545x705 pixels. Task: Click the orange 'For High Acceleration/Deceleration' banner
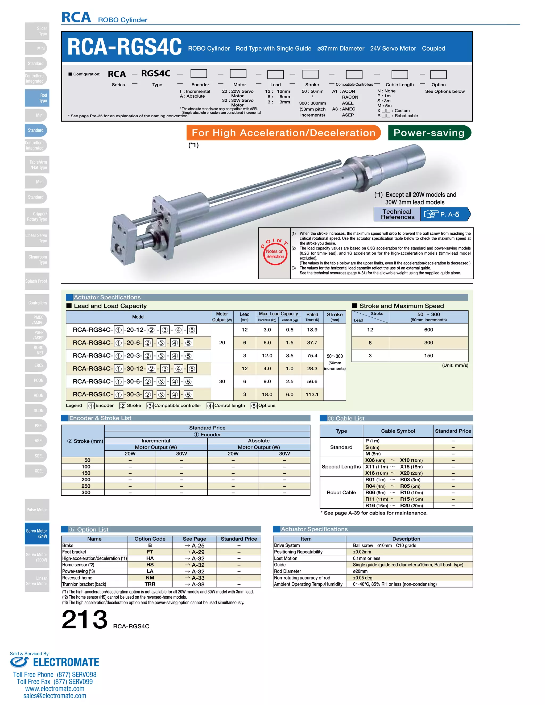coord(283,133)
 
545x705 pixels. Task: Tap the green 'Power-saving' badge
coord(430,133)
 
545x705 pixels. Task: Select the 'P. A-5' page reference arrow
coord(445,214)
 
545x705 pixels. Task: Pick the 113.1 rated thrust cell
coord(312,394)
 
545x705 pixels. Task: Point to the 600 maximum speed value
coord(428,330)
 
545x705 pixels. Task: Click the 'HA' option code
coord(150,558)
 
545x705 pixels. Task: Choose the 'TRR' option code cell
coord(150,584)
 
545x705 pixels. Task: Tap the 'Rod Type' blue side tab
coord(37,98)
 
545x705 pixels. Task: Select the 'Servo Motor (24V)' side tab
coord(37,533)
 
